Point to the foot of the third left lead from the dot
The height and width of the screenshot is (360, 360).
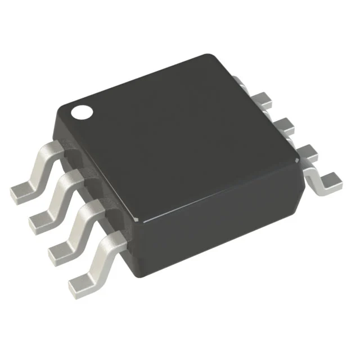pos(60,252)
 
